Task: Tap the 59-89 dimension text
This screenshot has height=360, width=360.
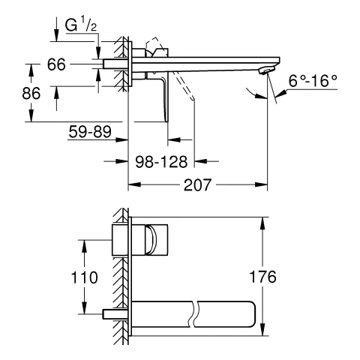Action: coord(90,132)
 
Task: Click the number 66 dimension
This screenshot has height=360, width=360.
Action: coord(57,64)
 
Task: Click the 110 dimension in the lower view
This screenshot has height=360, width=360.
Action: coord(89,277)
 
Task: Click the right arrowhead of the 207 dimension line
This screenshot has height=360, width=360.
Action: coord(265,184)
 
